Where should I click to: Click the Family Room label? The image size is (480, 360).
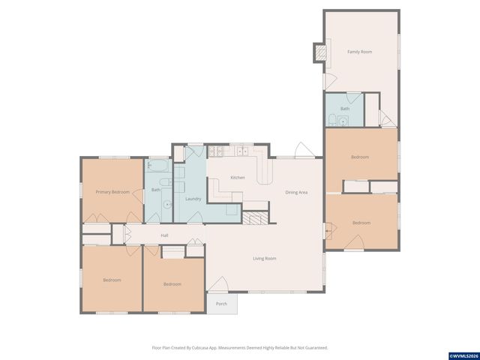click(x=359, y=52)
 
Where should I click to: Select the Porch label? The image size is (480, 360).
click(x=221, y=304)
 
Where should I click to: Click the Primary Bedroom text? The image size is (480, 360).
click(x=112, y=192)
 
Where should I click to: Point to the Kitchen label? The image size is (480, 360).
click(x=237, y=178)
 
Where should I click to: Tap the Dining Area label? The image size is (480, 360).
click(x=297, y=192)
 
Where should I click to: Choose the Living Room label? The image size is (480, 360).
click(x=264, y=259)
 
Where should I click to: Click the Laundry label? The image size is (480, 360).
click(x=193, y=198)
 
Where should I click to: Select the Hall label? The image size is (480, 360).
click(x=164, y=235)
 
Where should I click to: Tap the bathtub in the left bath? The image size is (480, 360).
click(x=159, y=166)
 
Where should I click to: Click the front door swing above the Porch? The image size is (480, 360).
click(x=219, y=284)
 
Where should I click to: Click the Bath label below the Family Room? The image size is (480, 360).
click(x=344, y=109)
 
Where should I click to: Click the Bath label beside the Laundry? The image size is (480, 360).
click(x=156, y=190)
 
